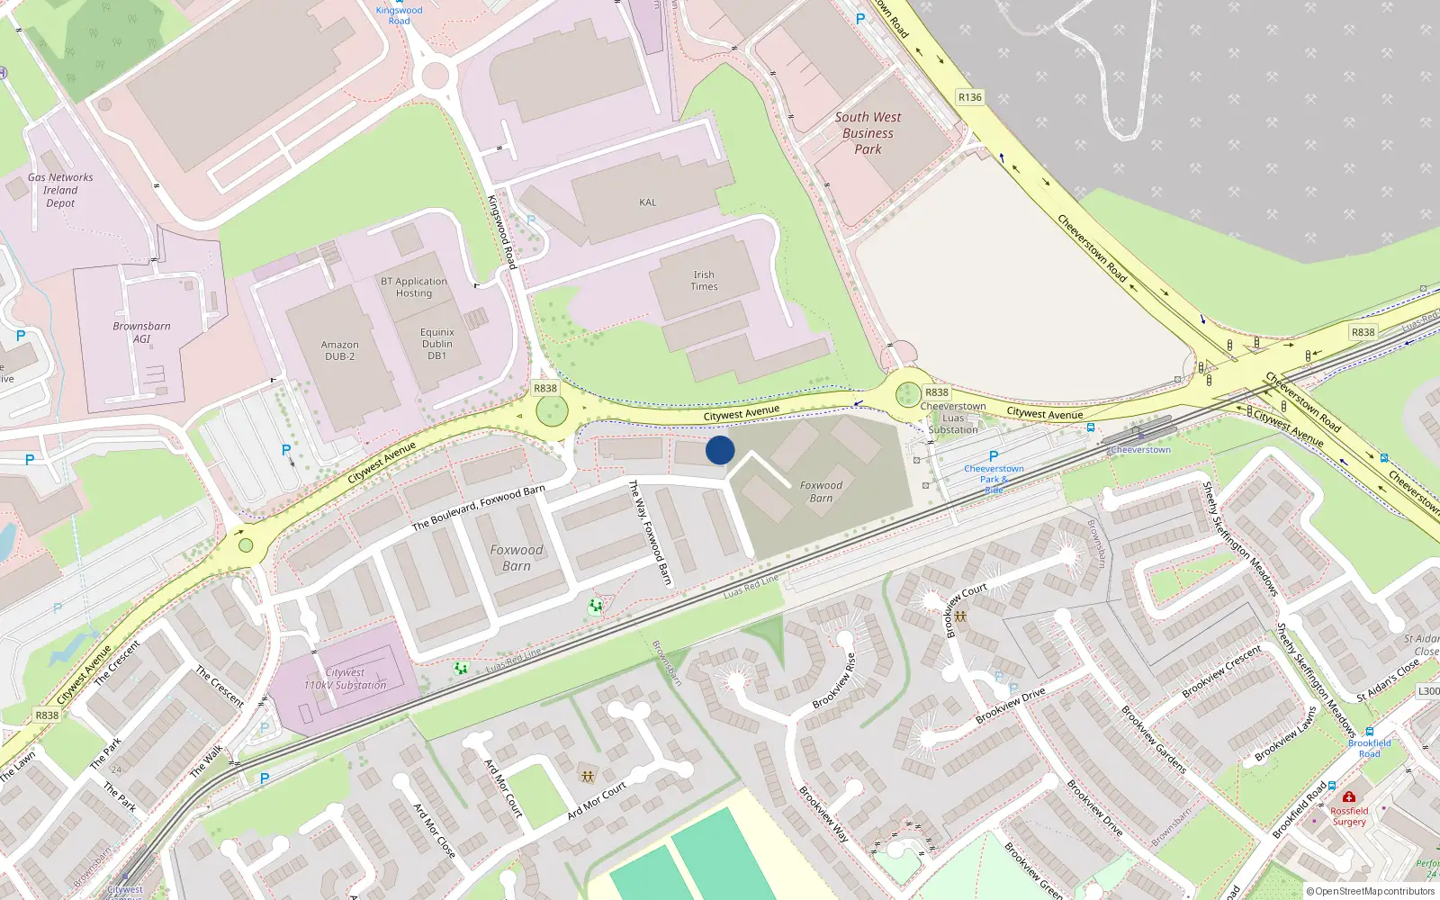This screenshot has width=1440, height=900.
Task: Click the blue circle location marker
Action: click(720, 450)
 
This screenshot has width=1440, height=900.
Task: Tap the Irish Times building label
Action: click(704, 281)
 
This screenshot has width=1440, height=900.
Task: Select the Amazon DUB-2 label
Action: click(339, 351)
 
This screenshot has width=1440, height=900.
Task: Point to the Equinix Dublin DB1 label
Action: click(437, 344)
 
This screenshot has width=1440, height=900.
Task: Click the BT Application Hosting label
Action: click(414, 287)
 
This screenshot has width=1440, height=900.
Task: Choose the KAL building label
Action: click(648, 202)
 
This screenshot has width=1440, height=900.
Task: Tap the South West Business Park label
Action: click(868, 133)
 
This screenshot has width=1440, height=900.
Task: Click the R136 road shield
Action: click(970, 97)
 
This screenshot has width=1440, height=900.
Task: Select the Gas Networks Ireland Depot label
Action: click(60, 190)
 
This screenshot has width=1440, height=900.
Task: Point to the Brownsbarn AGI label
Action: click(141, 332)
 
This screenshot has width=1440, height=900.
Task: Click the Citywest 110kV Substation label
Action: click(345, 679)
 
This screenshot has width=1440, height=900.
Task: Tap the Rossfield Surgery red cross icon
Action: click(1348, 796)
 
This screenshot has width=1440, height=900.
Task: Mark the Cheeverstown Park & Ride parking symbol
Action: click(994, 456)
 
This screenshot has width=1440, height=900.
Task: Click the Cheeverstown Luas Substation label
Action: click(953, 418)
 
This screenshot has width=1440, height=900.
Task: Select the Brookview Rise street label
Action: click(834, 680)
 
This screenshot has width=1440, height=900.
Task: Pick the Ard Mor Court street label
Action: click(597, 801)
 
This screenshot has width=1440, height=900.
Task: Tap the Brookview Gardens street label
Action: click(1154, 738)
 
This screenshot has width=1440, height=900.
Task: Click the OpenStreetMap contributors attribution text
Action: click(1371, 891)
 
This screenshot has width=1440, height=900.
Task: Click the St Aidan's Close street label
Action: click(1388, 680)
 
